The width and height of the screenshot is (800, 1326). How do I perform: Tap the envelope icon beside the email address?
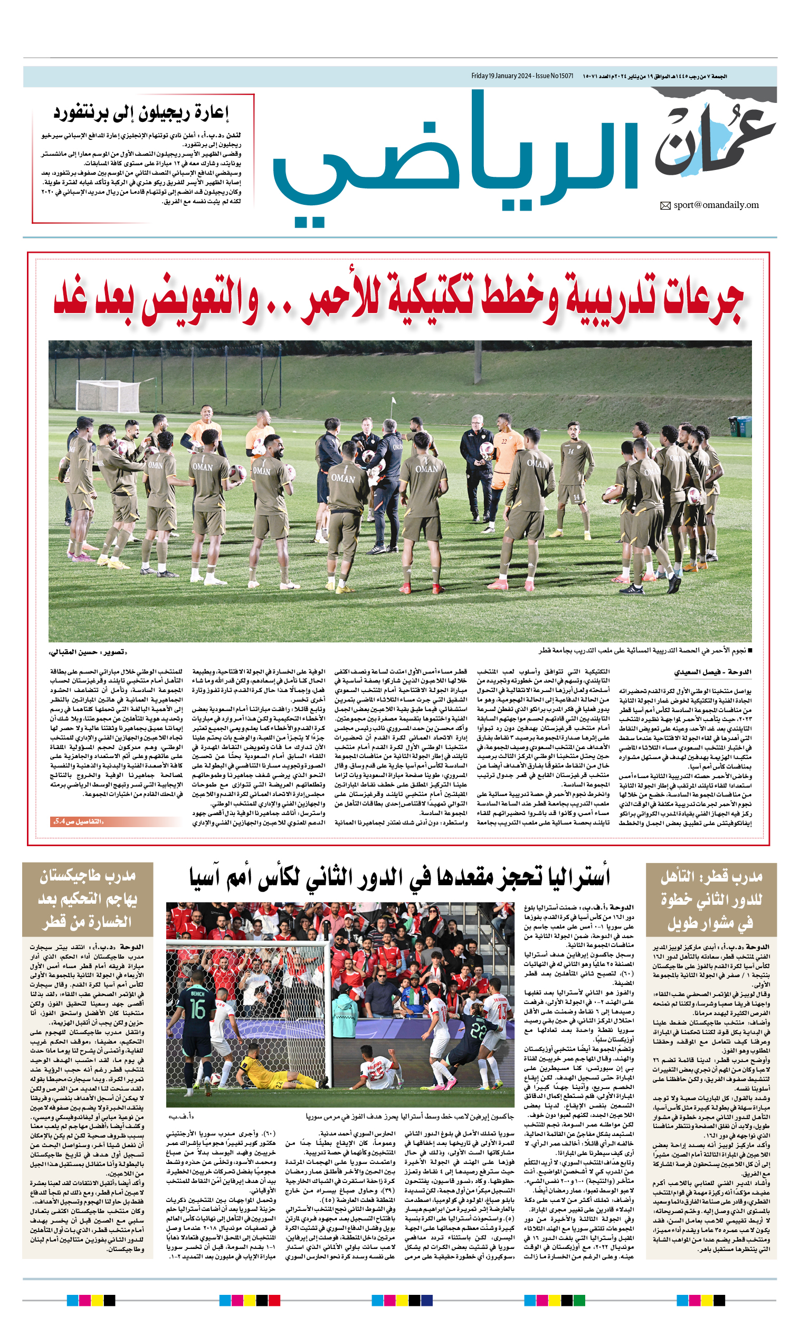pos(665,205)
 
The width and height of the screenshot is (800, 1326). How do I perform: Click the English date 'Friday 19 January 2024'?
pos(502,77)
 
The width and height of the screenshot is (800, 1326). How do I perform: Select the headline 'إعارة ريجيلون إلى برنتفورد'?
pos(141,113)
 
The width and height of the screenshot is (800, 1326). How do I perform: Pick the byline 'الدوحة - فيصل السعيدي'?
pos(712,672)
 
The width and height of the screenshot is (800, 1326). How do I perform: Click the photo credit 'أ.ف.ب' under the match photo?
pos(181,1116)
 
